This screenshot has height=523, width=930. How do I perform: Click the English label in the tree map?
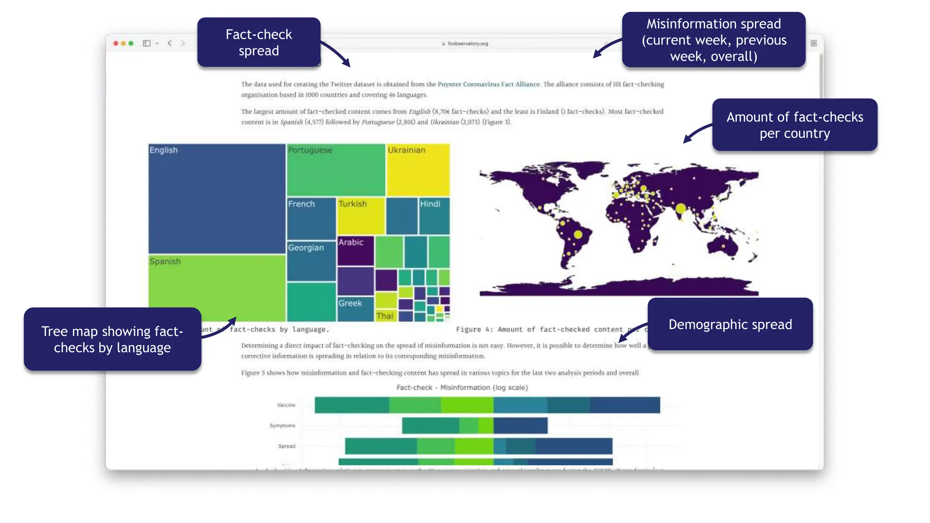click(163, 150)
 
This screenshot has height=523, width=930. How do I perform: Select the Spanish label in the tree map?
click(165, 261)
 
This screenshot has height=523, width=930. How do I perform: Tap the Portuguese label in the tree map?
click(310, 150)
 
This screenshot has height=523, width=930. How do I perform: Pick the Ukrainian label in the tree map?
click(406, 150)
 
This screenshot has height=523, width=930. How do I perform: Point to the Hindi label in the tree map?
click(430, 204)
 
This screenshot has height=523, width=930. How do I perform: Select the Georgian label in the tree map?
click(306, 248)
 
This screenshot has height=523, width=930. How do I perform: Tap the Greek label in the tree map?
click(350, 303)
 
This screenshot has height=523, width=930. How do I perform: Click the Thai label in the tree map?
click(385, 316)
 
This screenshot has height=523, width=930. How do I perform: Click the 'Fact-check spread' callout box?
click(259, 43)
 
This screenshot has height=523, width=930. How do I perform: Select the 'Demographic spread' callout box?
click(730, 324)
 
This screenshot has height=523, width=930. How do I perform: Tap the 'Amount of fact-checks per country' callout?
click(795, 125)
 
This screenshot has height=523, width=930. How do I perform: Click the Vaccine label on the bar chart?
click(286, 405)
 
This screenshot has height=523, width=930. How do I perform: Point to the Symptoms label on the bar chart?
click(282, 426)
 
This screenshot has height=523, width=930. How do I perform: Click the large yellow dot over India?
click(681, 209)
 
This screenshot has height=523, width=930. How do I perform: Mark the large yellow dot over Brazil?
click(578, 235)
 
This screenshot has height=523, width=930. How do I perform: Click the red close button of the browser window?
click(116, 44)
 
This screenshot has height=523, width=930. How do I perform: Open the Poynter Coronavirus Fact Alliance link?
click(489, 84)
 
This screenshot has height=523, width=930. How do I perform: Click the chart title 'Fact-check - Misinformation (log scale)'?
click(462, 388)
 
